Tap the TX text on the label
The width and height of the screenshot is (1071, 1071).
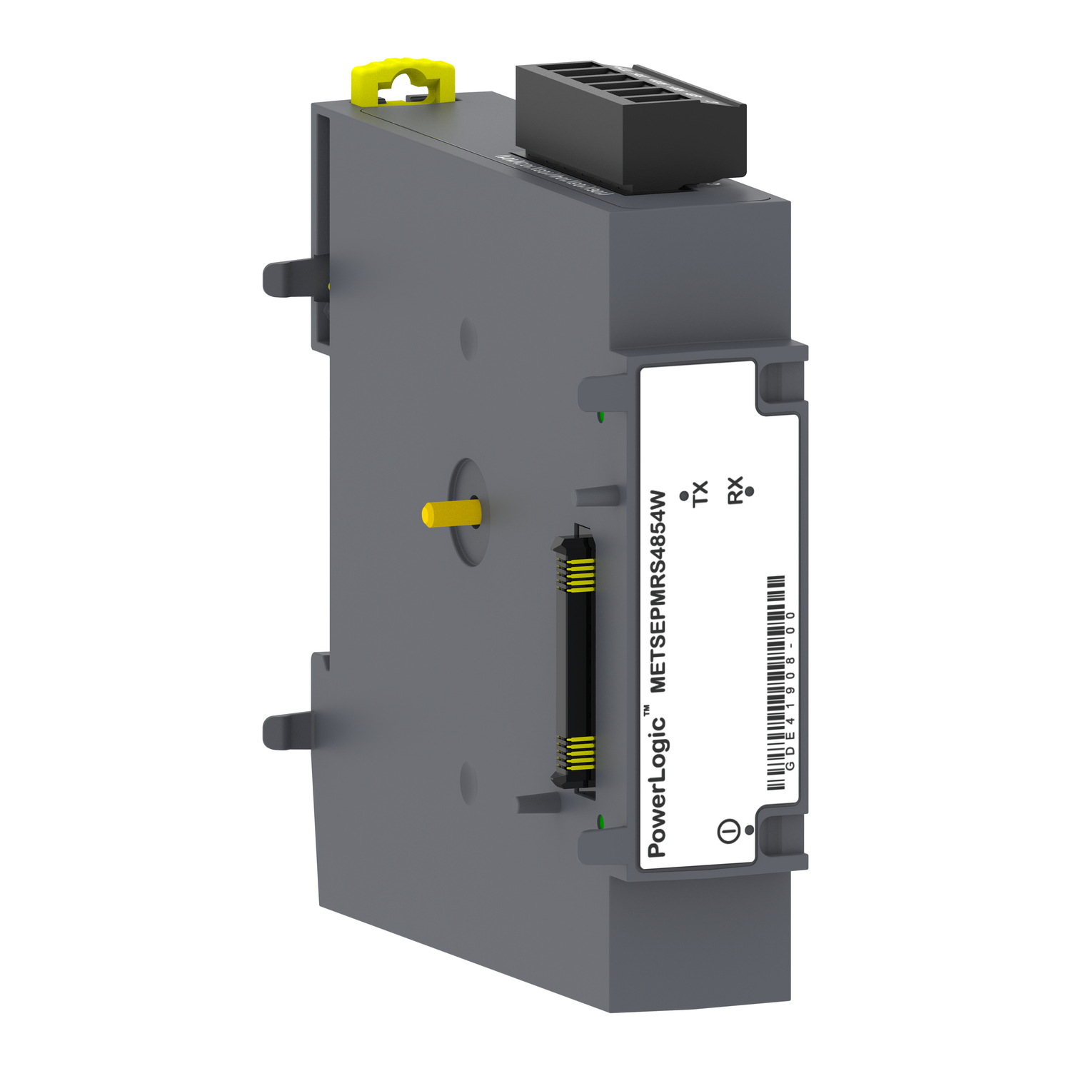pyautogui.click(x=700, y=493)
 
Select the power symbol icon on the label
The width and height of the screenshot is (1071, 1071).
pyautogui.click(x=727, y=831)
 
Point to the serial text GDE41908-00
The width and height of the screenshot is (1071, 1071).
pyautogui.click(x=790, y=690)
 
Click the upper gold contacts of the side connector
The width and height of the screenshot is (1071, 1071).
pyautogui.click(x=575, y=575)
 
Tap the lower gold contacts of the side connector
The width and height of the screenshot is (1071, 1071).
pyautogui.click(x=575, y=753)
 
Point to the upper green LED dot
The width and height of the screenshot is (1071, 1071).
pyautogui.click(x=601, y=416)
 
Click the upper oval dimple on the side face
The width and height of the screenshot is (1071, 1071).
pyautogui.click(x=468, y=338)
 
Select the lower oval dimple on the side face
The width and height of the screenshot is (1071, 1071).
pyautogui.click(x=468, y=782)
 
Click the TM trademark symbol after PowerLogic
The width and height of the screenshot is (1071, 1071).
pyautogui.click(x=646, y=710)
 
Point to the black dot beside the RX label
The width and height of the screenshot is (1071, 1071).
pyautogui.click(x=749, y=491)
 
